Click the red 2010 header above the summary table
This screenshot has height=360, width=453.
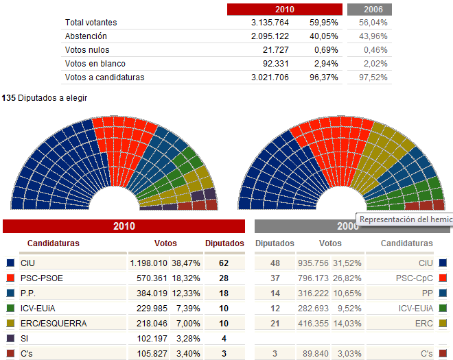[284, 10]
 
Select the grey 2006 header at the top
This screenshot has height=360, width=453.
[369, 10]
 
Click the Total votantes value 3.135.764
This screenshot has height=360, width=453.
[270, 23]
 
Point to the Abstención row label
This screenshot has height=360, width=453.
[86, 36]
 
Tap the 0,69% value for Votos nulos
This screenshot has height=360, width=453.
[326, 50]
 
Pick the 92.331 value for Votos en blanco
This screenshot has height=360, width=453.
[272, 64]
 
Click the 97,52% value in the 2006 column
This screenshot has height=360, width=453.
[375, 77]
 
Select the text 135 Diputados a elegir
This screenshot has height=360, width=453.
[45, 98]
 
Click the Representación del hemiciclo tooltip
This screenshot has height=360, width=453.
[405, 219]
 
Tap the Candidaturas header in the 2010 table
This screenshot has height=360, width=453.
[54, 243]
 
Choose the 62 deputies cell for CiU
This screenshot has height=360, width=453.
[224, 263]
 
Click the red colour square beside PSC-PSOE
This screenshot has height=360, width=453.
[10, 278]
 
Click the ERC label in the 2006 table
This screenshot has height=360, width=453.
[423, 323]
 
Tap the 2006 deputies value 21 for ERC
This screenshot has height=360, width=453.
[274, 323]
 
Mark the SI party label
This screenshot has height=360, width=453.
[25, 338]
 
